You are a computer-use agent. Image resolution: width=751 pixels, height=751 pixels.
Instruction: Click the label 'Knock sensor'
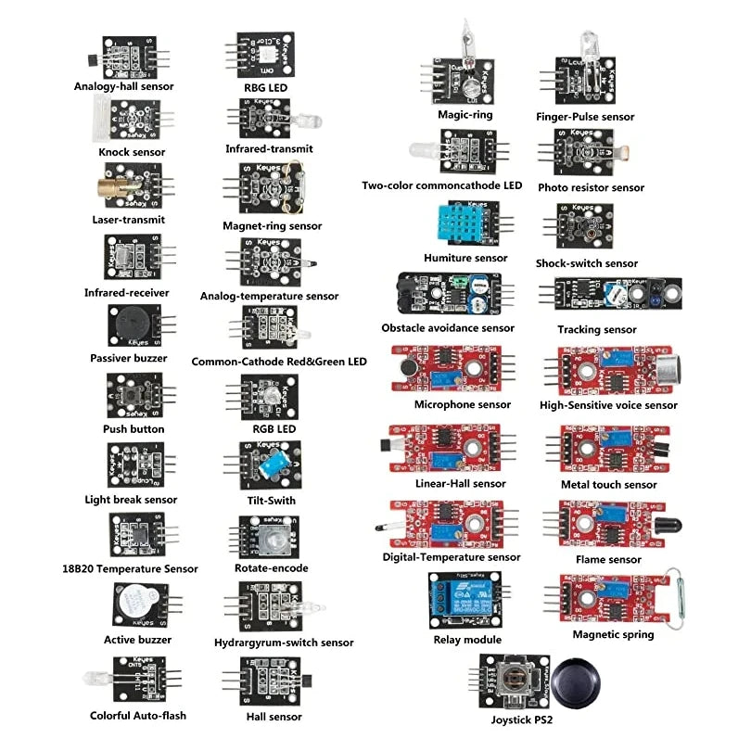pos(132,151)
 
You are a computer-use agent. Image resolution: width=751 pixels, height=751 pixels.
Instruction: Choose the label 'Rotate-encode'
pos(271,567)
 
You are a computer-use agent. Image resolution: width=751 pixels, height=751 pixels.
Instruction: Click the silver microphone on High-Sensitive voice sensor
pos(670,370)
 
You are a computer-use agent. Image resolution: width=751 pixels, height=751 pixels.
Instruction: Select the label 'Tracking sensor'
pos(596,329)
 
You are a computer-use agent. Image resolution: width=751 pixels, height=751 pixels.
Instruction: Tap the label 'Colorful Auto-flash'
pos(138,715)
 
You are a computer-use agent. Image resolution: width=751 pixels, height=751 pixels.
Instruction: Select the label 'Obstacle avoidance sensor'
pos(447,327)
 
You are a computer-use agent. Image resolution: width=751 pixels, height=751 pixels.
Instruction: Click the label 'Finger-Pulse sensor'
pos(585,117)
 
